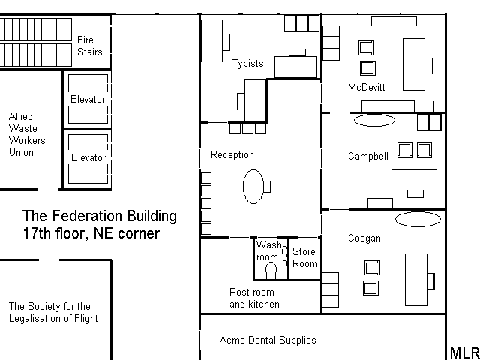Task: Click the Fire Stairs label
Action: [90, 46]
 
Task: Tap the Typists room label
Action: [248, 63]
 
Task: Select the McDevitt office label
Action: [367, 87]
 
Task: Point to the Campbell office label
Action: [368, 156]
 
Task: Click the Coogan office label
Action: [364, 238]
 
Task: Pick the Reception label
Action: [232, 155]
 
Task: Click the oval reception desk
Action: [253, 187]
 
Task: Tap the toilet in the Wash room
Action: [271, 271]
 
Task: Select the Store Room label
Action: [305, 257]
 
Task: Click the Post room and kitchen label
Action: [254, 298]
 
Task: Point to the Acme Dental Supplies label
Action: [268, 340]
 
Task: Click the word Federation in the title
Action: [88, 216]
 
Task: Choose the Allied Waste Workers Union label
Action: [27, 134]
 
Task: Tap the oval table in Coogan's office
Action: [418, 220]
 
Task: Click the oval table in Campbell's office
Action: [374, 120]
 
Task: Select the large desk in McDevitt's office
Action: [414, 64]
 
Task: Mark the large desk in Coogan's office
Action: [416, 280]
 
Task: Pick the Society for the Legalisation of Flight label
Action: [53, 312]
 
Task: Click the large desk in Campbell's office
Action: [414, 180]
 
